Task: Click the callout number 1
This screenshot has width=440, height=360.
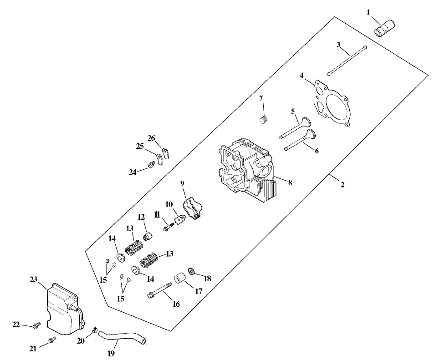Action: [368, 12]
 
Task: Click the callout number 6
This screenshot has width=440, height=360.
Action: [317, 151]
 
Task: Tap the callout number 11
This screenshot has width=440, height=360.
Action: [157, 215]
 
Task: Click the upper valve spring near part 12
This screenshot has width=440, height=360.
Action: [134, 247]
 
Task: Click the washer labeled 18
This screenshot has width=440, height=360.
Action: [192, 272]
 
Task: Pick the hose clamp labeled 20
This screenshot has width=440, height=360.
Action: [94, 330]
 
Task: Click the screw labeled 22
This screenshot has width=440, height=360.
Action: [36, 325]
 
